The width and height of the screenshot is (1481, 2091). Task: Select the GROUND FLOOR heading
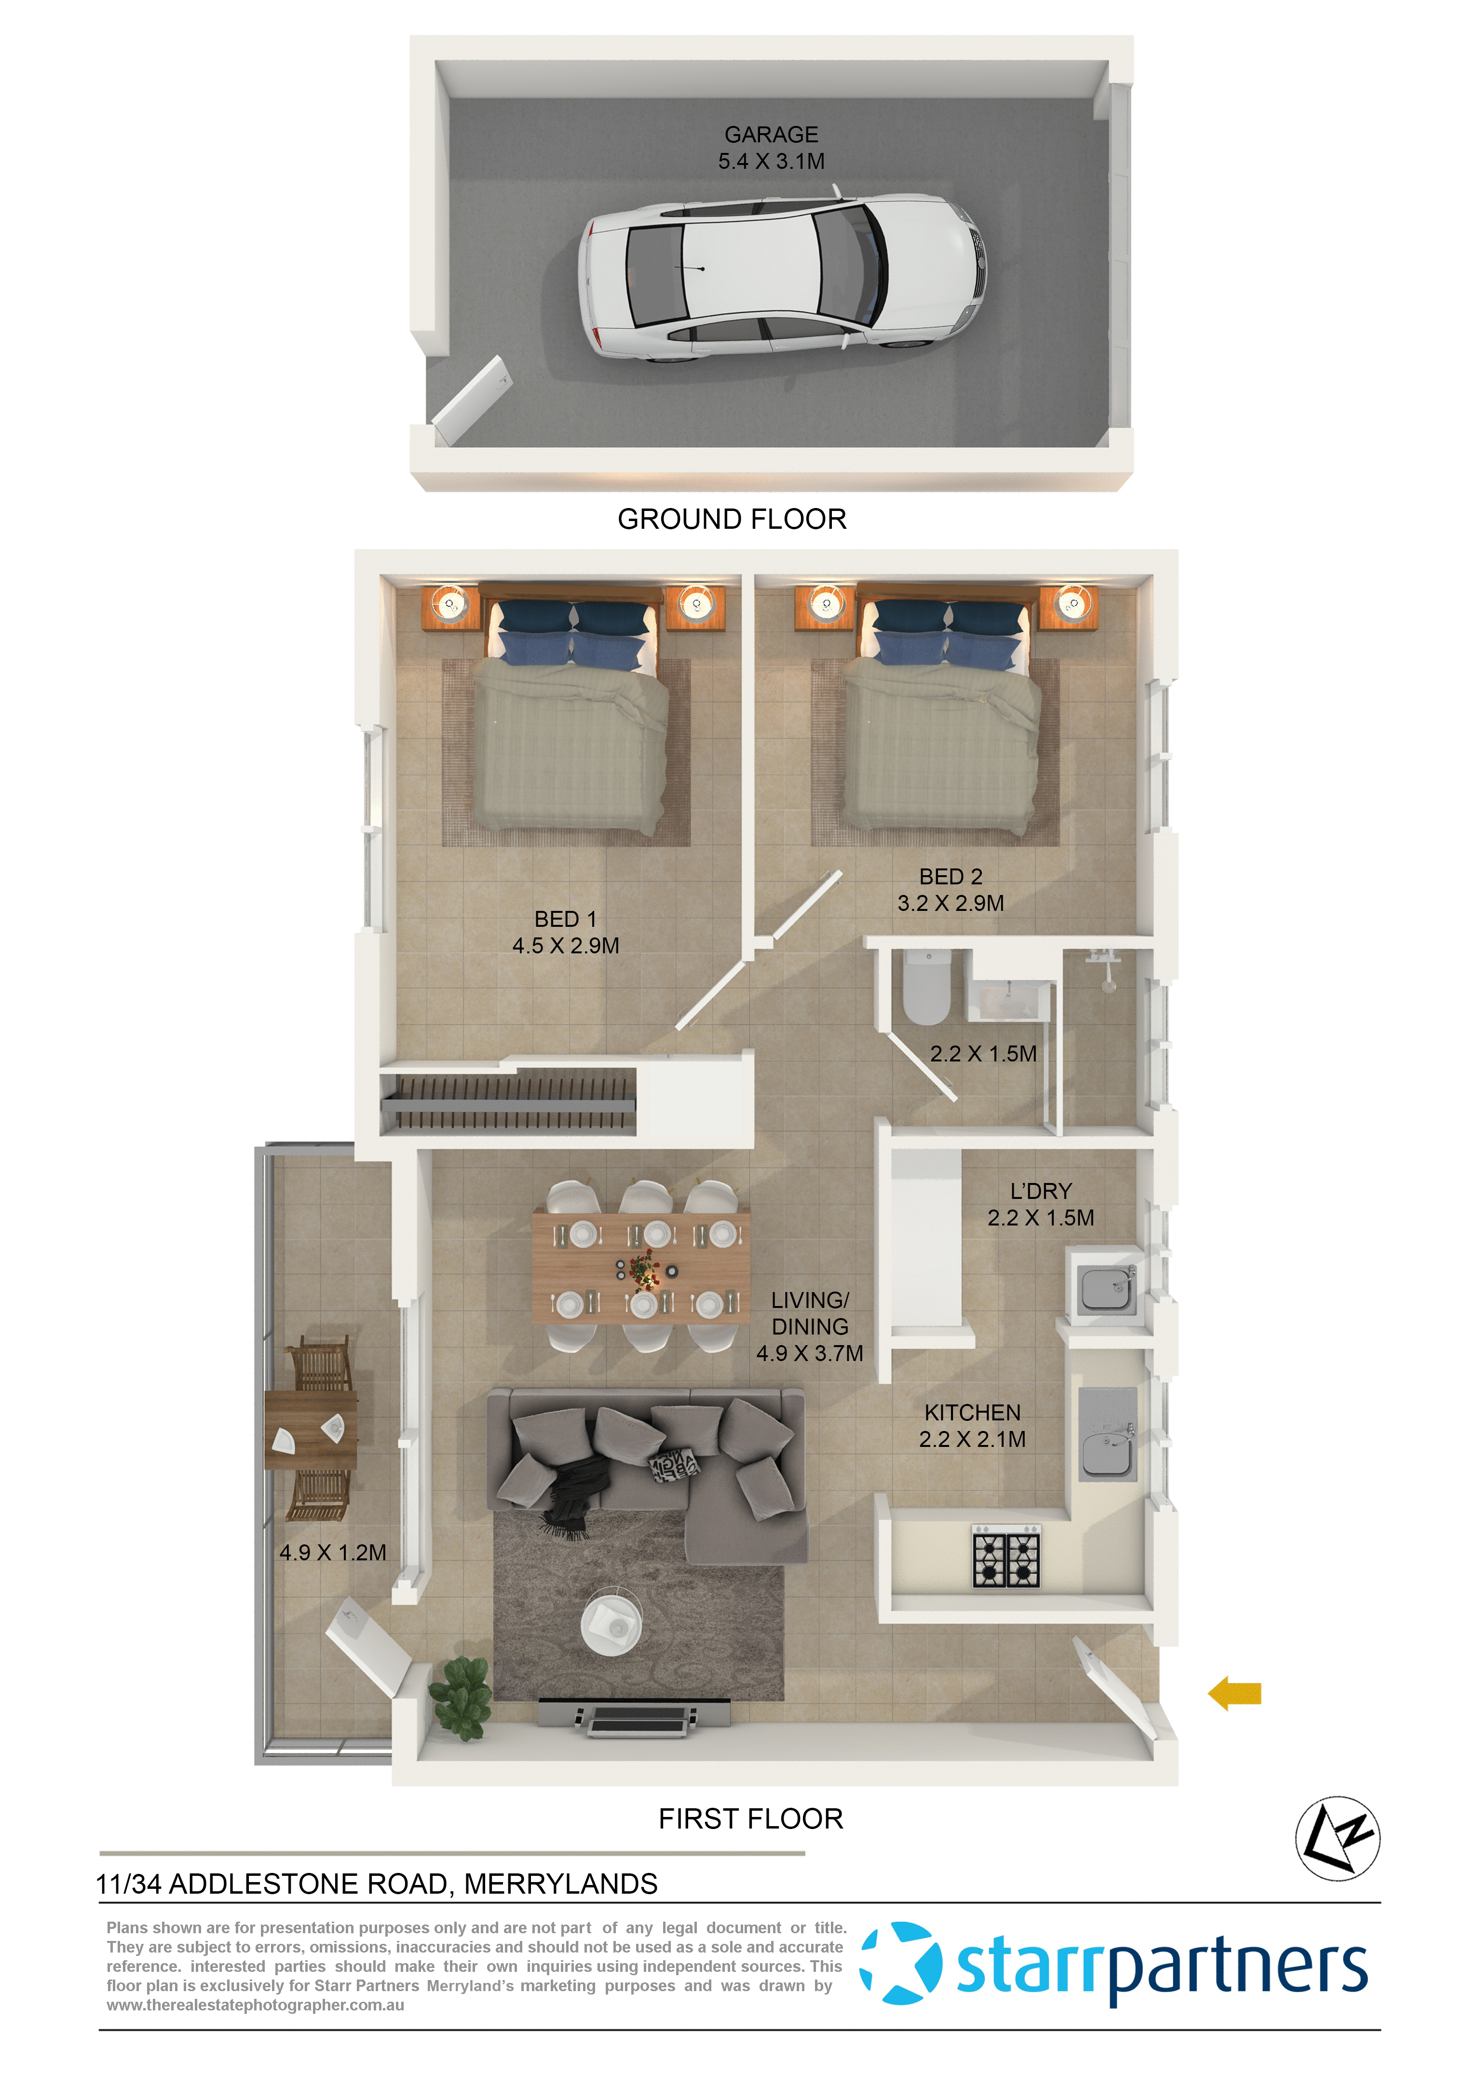point(732,519)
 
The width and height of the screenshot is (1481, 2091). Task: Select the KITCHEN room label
point(972,1412)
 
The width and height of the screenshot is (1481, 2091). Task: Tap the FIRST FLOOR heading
point(750,1818)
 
